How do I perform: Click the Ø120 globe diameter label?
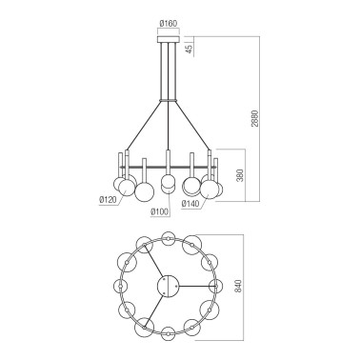109,200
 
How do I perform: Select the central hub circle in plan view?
168,285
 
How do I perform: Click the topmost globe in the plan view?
168,236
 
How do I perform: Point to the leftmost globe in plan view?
120,286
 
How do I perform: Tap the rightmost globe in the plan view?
216,286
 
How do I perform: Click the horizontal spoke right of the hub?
195,285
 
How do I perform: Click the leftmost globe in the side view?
122,184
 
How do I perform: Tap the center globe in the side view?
168,183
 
